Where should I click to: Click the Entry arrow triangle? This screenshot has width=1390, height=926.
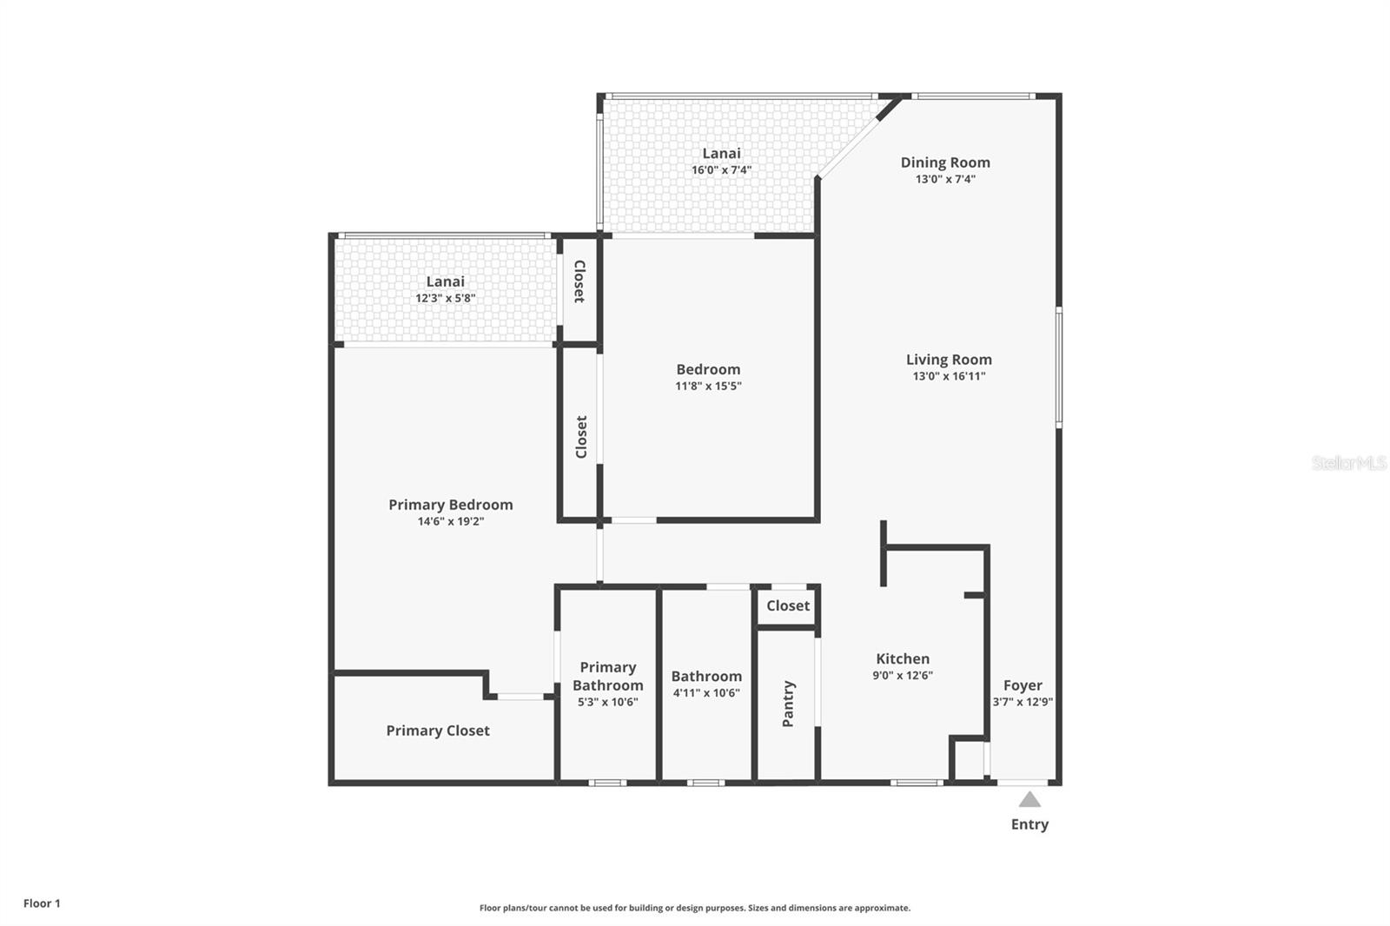click(x=1029, y=800)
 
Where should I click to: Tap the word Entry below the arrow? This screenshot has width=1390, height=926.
click(x=1029, y=824)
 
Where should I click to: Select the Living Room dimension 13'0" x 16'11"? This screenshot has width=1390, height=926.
click(x=949, y=376)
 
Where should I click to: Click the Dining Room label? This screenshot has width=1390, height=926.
click(x=945, y=162)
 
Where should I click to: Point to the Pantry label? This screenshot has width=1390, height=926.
click(x=788, y=704)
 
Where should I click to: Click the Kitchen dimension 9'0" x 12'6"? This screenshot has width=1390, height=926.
click(x=903, y=675)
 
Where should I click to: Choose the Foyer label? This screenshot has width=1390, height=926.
click(x=1023, y=685)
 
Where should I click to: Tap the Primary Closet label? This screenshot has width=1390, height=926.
click(x=438, y=731)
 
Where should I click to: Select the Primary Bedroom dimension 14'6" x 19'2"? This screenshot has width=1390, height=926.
click(x=450, y=521)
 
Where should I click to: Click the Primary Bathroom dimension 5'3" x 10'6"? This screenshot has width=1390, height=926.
click(x=607, y=702)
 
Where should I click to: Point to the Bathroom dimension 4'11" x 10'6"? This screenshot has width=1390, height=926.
click(x=705, y=692)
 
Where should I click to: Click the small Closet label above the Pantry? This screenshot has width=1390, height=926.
click(x=788, y=605)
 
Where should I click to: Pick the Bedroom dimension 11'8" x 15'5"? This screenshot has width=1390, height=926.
click(x=708, y=386)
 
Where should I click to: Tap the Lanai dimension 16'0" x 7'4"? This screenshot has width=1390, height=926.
click(x=721, y=170)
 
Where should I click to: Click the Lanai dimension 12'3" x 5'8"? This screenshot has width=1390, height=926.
click(x=445, y=298)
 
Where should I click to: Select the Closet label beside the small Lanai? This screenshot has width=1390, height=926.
click(x=579, y=281)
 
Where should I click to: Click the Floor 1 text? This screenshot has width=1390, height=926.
click(x=42, y=903)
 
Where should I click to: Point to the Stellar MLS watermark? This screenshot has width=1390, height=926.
click(x=1348, y=463)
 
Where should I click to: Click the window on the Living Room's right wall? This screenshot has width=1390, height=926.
click(x=1058, y=367)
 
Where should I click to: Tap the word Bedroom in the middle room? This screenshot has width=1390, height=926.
click(x=708, y=369)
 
